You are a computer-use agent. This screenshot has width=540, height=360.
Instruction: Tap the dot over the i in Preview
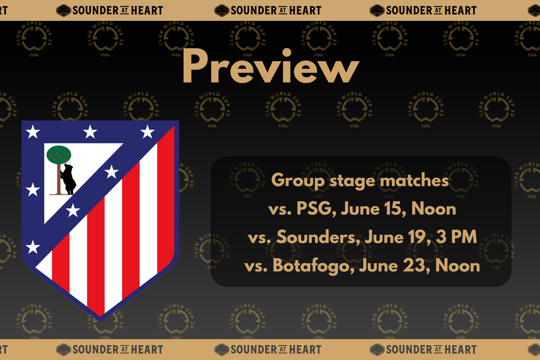coord(287,53)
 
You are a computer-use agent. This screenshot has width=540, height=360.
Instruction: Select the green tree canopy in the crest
coord(59,155)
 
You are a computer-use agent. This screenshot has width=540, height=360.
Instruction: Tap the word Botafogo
coord(313,266)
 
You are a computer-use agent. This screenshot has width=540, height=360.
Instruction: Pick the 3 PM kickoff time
coord(456,237)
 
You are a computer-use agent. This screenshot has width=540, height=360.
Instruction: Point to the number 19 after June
coord(417,237)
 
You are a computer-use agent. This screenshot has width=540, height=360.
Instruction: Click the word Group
coord(298,180)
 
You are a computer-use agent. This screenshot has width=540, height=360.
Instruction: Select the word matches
coord(414,180)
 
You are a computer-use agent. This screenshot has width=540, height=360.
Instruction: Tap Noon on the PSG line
coord(433,209)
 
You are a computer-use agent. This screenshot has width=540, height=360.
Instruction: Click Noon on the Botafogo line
coord(457,266)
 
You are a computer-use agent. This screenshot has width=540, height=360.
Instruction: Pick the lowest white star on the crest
coord(33,247)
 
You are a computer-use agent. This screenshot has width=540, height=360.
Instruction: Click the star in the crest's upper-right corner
coord(147,132)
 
